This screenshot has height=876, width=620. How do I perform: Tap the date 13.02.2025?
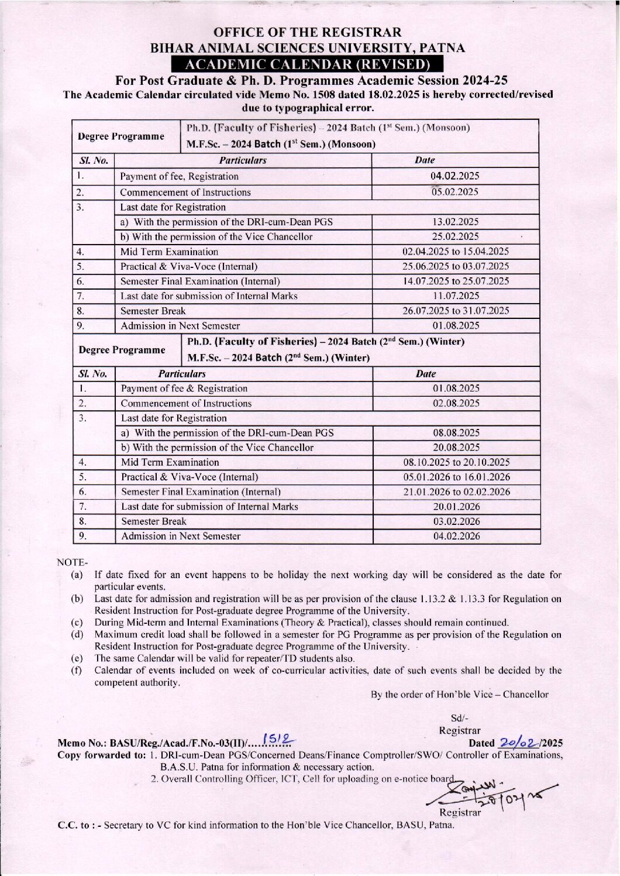point(456,222)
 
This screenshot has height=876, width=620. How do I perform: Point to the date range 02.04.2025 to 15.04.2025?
point(456,252)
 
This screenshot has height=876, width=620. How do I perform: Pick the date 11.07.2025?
point(456,296)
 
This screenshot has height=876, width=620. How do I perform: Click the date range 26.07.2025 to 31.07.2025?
point(456,311)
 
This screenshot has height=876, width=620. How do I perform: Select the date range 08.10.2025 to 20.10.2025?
point(456,462)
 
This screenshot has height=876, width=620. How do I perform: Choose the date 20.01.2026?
point(456,507)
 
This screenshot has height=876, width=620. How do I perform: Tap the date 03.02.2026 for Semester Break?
point(456,521)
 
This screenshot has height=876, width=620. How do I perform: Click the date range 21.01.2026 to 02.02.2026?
point(456,492)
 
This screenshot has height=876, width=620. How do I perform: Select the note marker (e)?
point(77,658)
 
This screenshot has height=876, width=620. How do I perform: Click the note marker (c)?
point(77,623)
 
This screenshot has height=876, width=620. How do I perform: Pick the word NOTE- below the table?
point(72,562)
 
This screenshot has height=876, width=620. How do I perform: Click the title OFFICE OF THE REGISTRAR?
point(308,33)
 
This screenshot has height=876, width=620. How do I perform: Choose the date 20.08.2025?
point(456,448)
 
